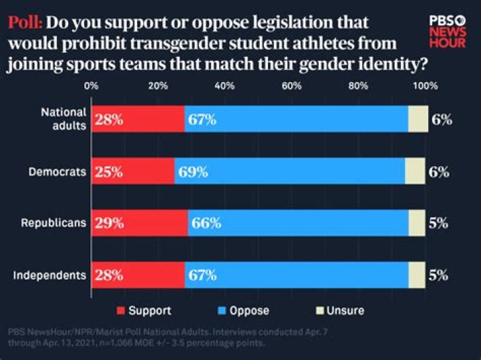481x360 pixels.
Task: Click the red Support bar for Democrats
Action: click(x=133, y=172)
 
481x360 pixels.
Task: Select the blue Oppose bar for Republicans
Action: click(x=298, y=223)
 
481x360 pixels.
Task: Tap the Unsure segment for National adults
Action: click(x=418, y=120)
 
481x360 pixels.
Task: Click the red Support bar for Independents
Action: click(x=138, y=275)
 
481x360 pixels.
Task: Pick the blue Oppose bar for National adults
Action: click(x=296, y=120)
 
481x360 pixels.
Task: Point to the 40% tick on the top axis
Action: click(x=224, y=86)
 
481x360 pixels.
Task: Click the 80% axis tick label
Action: click(x=359, y=86)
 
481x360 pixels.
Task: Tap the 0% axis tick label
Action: click(x=92, y=86)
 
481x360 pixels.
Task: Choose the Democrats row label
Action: click(x=57, y=172)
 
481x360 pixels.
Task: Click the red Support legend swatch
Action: click(x=121, y=311)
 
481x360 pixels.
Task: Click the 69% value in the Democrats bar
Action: click(x=193, y=172)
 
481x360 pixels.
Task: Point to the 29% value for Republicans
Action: click(x=109, y=223)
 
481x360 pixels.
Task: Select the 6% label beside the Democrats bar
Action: click(x=438, y=172)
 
